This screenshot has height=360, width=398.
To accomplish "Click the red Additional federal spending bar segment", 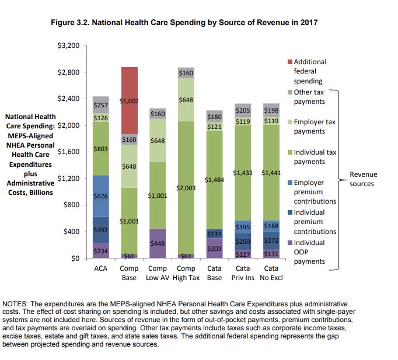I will [x=129, y=100].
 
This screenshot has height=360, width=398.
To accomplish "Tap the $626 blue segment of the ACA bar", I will [x=101, y=196].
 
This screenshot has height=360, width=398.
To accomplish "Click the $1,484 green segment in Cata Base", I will [x=214, y=180].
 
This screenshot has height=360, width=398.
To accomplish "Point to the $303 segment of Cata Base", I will [x=214, y=248].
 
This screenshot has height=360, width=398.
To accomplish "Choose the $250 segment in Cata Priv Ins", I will [x=243, y=241].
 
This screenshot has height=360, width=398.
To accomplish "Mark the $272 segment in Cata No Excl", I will [x=271, y=240].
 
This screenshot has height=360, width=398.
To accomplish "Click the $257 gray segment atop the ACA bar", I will [x=101, y=104].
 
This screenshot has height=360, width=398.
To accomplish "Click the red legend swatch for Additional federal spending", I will [x=289, y=62].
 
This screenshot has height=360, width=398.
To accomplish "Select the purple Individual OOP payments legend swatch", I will [x=289, y=243].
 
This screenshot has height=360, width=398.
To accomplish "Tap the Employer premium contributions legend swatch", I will [x=289, y=183].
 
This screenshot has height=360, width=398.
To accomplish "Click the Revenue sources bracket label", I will [x=363, y=179].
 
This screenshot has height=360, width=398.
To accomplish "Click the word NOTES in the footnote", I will [x=16, y=304].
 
